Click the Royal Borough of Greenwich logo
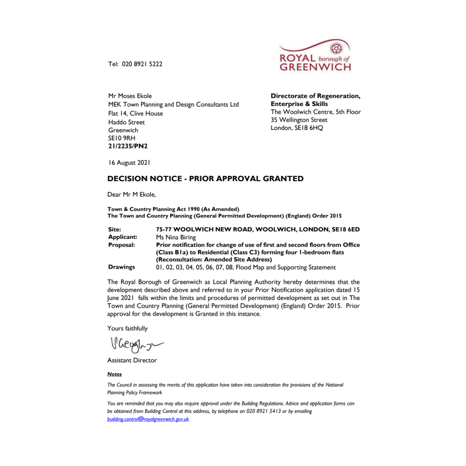[315, 56]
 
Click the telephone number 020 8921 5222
[142, 64]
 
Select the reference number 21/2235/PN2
[127, 147]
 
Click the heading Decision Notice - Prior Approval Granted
[206, 179]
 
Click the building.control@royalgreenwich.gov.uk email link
[148, 419]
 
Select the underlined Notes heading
[115, 374]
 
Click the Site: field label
[115, 230]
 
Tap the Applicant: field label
[122, 238]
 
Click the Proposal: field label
[121, 245]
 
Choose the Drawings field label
[121, 267]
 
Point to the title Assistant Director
[132, 361]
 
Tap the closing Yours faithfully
[128, 329]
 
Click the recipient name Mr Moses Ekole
[130, 96]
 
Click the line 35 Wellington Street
[299, 120]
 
